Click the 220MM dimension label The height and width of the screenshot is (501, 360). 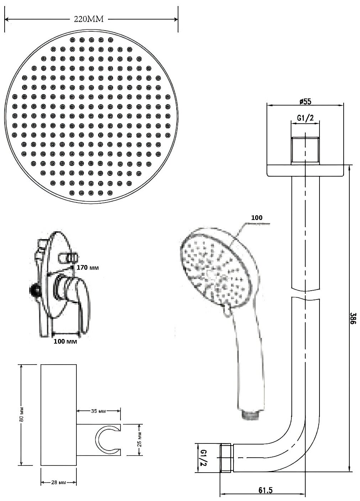[88, 20]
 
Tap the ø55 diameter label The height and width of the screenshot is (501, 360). [305, 102]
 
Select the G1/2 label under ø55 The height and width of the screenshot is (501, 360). [305, 119]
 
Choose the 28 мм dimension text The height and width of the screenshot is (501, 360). [59, 483]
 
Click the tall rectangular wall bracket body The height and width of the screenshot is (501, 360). [59, 415]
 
